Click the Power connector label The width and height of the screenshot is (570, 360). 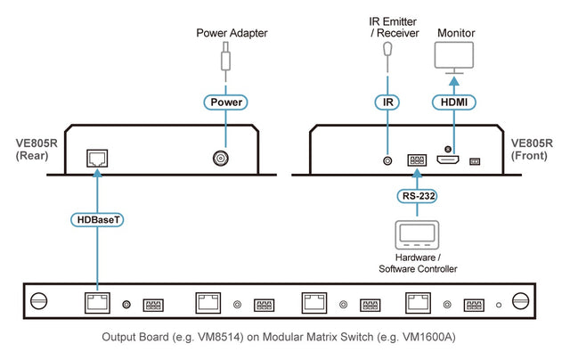(225, 102)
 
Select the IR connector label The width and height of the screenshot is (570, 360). (387, 102)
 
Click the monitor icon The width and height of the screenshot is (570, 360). (455, 58)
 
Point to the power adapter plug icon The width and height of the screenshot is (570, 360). (225, 61)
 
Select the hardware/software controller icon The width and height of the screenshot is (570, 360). (418, 235)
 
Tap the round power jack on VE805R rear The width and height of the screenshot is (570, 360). (219, 159)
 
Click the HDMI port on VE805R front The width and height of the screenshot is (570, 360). (448, 160)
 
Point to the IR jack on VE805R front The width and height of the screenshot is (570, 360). (387, 161)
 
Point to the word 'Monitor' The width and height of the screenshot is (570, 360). (455, 33)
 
